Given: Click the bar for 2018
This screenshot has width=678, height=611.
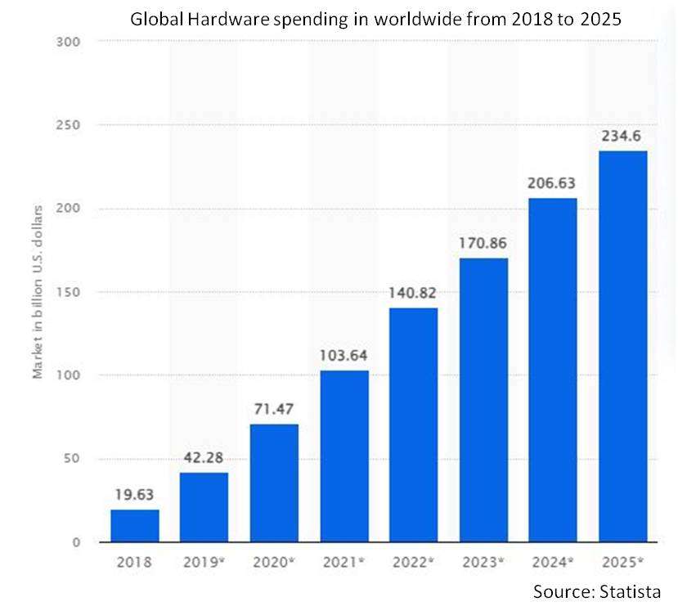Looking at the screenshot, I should coord(135,525).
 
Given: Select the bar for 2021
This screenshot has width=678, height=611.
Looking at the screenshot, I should coord(344,456).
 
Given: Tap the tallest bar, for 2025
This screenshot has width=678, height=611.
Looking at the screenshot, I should coord(622,346).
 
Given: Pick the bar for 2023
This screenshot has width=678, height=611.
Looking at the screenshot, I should coord(483,399).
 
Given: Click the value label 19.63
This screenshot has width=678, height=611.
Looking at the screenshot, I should coord(135,495).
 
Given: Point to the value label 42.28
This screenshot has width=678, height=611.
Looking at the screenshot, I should coord(204,457).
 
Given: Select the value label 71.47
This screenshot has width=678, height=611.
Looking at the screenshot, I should coord(274,409).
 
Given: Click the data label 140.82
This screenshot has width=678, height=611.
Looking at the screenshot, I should coord(414,293).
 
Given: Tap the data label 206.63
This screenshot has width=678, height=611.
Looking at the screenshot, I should coord(553,183).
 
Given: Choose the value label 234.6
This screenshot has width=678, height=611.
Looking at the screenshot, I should coord(622,136).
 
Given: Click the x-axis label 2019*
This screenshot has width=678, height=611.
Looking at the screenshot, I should coord(204,563).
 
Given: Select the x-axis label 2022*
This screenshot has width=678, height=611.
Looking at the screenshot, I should coord(414,563).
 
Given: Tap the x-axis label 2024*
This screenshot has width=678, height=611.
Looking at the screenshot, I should coord(553,563).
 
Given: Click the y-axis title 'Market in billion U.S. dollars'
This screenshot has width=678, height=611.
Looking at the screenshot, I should coord(38,291).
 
